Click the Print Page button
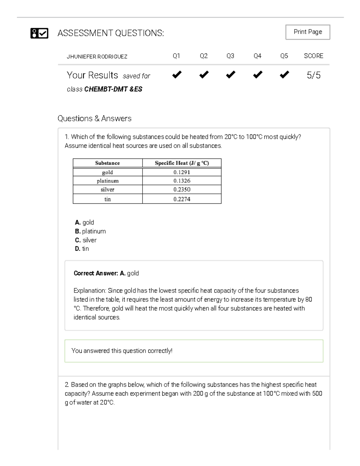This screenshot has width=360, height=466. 307,32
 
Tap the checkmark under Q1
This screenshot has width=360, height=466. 177,74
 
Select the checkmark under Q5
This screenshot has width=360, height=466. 284,74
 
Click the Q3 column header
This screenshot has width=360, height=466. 230,56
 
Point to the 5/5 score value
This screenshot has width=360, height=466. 313,75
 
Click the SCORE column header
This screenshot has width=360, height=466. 313,56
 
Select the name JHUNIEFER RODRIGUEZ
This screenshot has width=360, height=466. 97,57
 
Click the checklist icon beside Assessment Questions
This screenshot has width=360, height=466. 39,33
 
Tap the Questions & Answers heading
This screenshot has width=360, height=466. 94,119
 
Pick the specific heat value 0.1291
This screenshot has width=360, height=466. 181,172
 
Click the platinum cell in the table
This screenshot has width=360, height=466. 107,181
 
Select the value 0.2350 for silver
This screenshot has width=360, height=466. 181,189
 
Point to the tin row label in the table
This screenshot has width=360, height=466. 107,199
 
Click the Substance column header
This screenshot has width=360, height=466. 107,163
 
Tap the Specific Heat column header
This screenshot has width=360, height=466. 181,163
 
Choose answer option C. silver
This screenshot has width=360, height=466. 86,240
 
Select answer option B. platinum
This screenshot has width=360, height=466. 90,231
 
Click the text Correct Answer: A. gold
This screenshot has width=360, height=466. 106,273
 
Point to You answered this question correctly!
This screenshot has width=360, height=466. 122,351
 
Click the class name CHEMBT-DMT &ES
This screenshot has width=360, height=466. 113,89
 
